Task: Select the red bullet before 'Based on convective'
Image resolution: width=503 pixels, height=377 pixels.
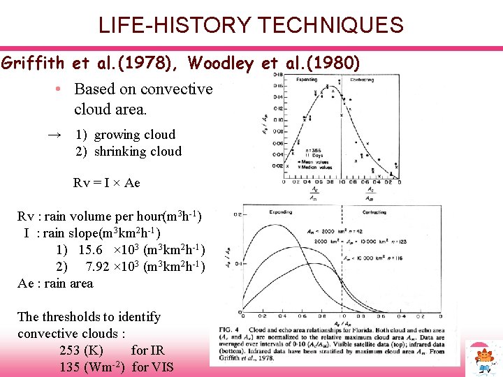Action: click(61, 89)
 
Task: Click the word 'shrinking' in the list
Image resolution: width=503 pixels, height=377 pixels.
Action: click(119, 151)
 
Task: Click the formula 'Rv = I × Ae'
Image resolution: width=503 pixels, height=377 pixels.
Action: click(106, 183)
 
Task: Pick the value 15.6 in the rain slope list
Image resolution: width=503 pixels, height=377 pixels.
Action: click(91, 250)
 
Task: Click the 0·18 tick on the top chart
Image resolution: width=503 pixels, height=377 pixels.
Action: click(277, 75)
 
